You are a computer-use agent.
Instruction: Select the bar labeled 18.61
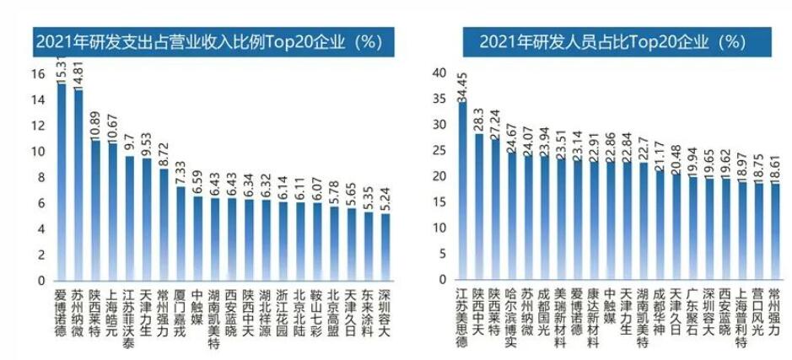(x=774, y=232)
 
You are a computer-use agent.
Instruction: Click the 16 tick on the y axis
(x=38, y=74)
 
